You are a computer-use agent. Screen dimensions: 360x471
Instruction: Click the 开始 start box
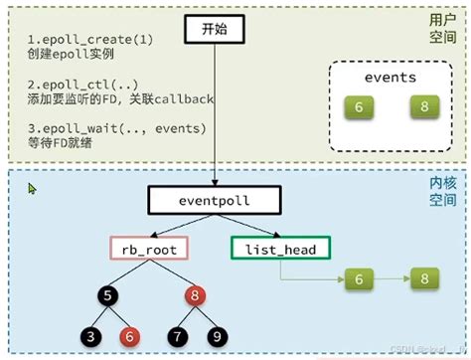pos(214,32)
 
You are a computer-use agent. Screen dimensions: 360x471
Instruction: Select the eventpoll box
pos(216,200)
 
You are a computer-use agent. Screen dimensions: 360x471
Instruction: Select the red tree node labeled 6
pos(127,337)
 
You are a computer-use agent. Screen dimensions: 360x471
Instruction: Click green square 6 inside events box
pos(359,106)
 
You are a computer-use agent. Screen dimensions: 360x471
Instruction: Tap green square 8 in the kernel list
pos(424,281)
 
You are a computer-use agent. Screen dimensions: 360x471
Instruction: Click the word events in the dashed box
pos(391,77)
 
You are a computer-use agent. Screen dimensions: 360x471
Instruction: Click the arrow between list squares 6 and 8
pos(392,281)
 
